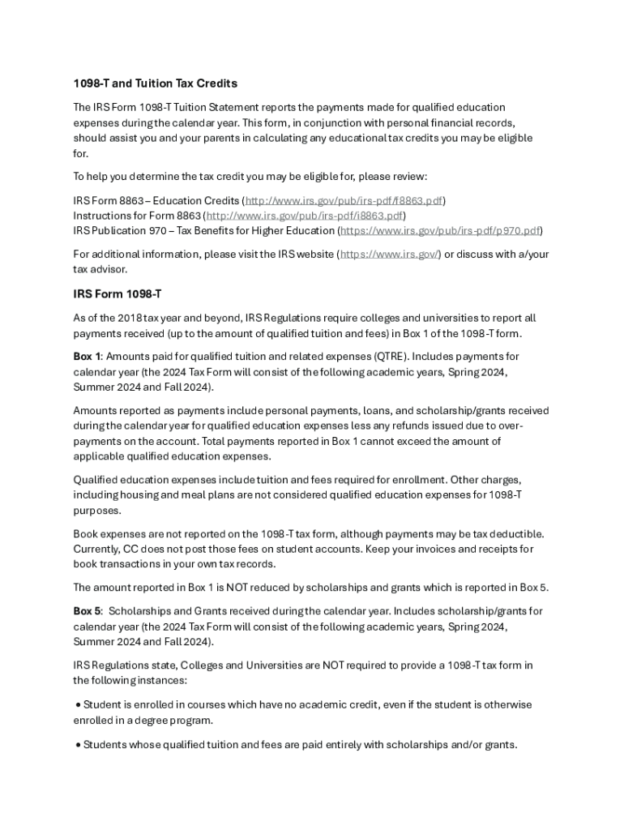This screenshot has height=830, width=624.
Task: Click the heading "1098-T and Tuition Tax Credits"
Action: click(x=155, y=83)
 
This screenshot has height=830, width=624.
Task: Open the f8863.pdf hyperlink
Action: click(x=344, y=200)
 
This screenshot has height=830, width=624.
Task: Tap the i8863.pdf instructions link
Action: click(x=305, y=216)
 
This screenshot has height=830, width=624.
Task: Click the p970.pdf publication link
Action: click(x=440, y=231)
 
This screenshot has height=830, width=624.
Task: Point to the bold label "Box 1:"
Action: click(x=88, y=357)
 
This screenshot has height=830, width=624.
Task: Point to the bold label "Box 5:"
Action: click(x=88, y=611)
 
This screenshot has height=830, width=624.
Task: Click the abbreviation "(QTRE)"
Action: click(x=392, y=357)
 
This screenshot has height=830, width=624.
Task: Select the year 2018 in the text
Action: click(x=130, y=319)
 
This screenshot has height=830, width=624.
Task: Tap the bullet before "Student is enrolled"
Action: click(x=77, y=705)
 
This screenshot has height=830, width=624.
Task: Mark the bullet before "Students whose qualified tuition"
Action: click(x=77, y=744)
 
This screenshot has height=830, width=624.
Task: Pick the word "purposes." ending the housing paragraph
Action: click(x=96, y=511)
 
